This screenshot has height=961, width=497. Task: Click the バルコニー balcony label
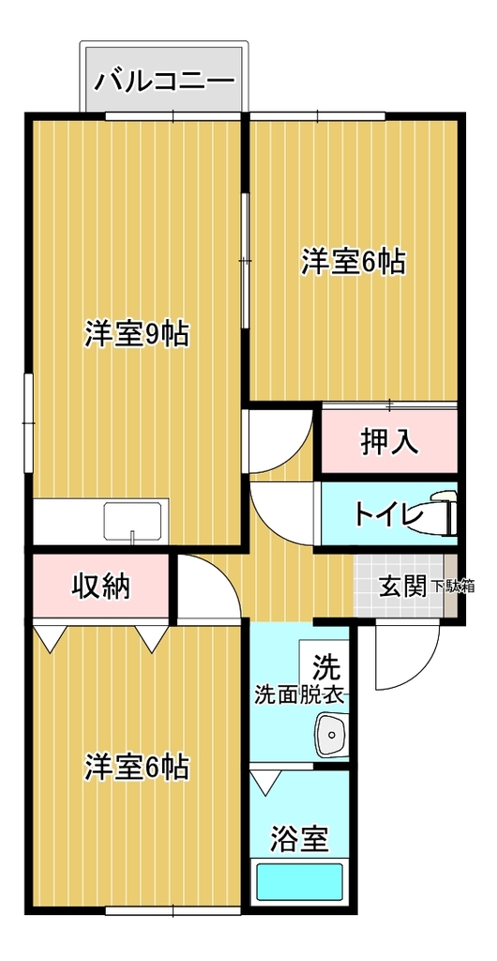pyautogui.click(x=165, y=81)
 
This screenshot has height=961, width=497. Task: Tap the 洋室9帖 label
pyautogui.click(x=136, y=334)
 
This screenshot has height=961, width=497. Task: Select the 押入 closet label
pyautogui.click(x=389, y=442)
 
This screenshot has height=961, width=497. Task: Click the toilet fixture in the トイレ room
pyautogui.click(x=444, y=514)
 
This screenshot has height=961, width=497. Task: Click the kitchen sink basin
pyautogui.click(x=136, y=521)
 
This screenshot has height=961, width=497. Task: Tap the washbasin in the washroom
pyautogui.click(x=332, y=734)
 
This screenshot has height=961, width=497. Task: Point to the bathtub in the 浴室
pyautogui.click(x=300, y=882)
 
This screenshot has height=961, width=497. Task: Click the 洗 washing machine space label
pyautogui.click(x=324, y=664)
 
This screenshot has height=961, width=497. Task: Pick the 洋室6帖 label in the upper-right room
pyautogui.click(x=353, y=263)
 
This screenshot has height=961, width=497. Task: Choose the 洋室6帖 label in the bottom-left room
pyautogui.click(x=136, y=767)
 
